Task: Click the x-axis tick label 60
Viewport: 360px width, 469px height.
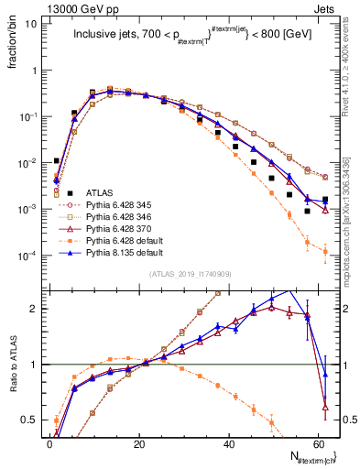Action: click(318, 443)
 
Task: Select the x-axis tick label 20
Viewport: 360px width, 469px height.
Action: click(138, 443)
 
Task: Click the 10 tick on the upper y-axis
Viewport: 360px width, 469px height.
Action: click(30, 24)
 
